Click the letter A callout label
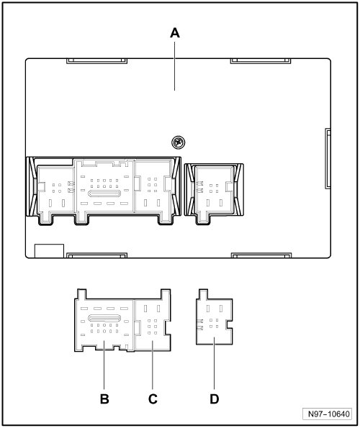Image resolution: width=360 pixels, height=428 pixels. (175, 33)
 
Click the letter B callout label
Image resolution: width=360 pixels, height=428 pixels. (104, 399)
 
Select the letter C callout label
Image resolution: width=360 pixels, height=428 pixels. (153, 399)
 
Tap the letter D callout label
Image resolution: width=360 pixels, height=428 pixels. (214, 399)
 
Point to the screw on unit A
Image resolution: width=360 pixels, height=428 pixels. (178, 142)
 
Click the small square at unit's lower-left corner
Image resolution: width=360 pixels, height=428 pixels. (49, 251)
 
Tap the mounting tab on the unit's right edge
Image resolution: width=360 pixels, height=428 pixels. (328, 158)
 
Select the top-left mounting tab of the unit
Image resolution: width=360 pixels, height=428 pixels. (97, 61)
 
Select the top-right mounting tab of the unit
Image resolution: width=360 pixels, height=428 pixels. (261, 61)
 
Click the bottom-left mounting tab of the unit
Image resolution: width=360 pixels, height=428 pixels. (97, 255)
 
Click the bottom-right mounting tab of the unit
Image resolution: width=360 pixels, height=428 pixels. (261, 255)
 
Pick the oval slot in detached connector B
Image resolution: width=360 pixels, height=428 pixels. (104, 318)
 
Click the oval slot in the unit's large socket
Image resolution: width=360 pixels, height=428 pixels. (104, 193)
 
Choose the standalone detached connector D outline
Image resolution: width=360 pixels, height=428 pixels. (214, 317)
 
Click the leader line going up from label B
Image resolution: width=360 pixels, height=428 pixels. (104, 365)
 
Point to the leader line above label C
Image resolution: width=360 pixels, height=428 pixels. (153, 365)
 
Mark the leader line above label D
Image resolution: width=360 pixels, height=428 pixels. (214, 363)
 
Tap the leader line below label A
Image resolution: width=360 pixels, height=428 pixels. (175, 66)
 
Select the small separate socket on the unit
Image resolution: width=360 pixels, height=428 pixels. (214, 193)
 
